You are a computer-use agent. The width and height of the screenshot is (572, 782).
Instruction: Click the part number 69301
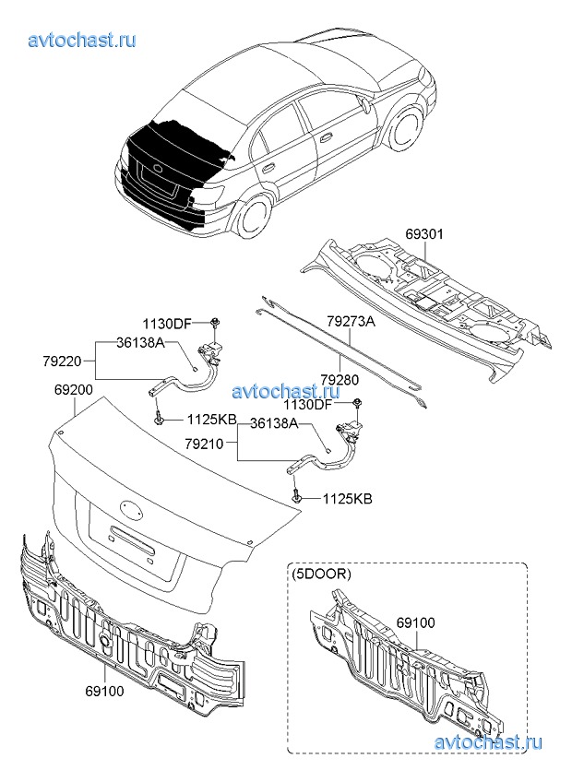coord(424,234)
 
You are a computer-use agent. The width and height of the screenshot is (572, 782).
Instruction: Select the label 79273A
coord(351,322)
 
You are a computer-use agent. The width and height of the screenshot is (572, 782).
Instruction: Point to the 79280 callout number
coord(340,379)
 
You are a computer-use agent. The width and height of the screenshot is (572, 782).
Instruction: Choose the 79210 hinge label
coord(204,444)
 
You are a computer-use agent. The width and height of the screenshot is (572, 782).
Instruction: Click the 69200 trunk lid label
coord(73,390)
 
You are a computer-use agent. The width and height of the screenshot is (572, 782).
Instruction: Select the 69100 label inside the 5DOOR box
coord(414,624)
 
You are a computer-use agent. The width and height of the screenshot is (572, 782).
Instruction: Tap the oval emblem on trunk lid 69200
coord(132,507)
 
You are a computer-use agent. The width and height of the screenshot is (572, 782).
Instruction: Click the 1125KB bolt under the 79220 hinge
coord(161,419)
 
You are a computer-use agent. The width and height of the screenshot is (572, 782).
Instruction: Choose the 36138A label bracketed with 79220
coord(140,342)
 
